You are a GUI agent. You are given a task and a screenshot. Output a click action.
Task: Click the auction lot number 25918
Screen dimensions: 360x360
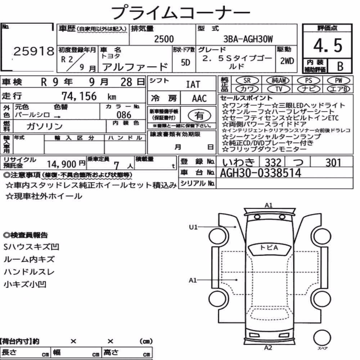(x=34, y=51)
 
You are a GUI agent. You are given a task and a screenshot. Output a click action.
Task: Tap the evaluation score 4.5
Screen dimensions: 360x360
(x=328, y=45)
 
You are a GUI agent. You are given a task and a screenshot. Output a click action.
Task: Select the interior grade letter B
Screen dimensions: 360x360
(x=340, y=66)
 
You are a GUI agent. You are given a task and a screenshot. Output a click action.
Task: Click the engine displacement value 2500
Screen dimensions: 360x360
(x=164, y=39)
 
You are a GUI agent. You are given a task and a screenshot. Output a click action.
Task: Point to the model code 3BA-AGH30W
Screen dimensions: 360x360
(x=248, y=39)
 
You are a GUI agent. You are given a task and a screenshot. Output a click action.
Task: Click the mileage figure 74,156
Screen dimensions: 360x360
(x=79, y=96)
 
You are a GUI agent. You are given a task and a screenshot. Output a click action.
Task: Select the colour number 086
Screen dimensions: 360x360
(x=124, y=115)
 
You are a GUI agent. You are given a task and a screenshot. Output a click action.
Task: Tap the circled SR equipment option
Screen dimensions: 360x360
(x=247, y=80)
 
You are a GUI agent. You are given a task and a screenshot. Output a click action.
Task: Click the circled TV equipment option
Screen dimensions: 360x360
(x=279, y=89)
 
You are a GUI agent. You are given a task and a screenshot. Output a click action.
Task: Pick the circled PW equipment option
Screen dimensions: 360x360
(x=338, y=80)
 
